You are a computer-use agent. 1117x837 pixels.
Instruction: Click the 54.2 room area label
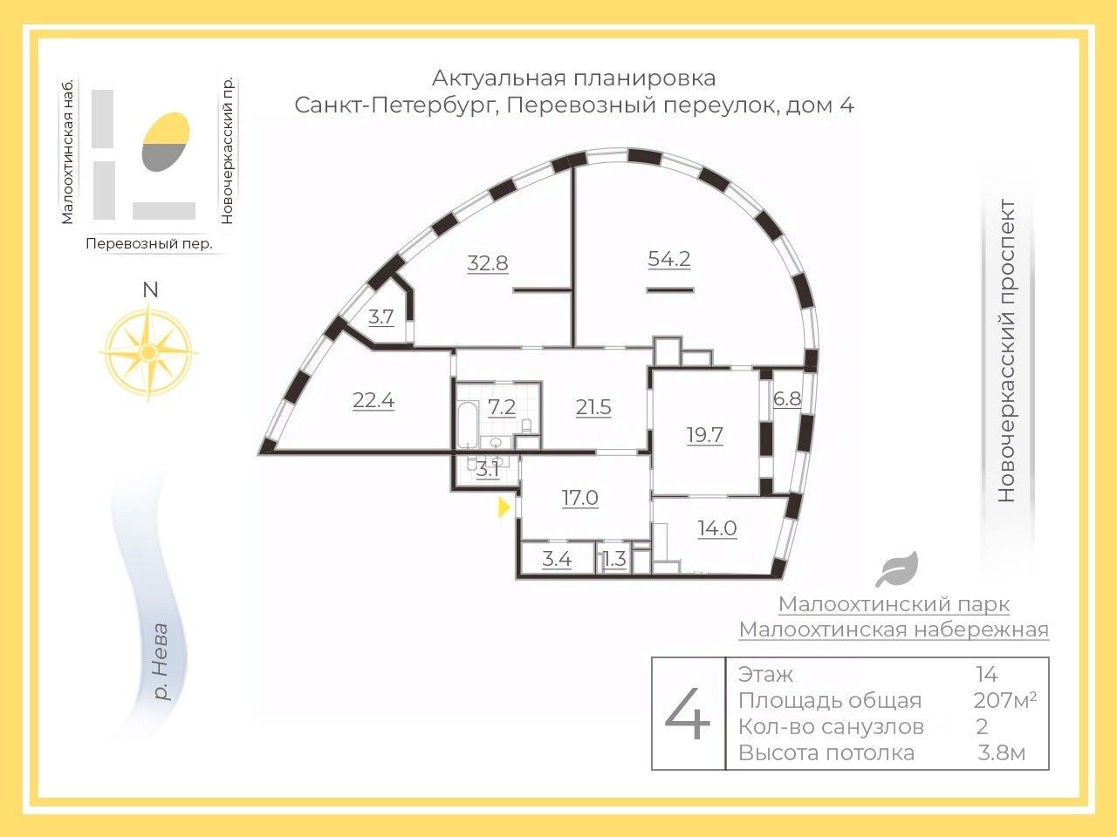[x=668, y=259]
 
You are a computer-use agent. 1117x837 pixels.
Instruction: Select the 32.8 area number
[x=488, y=263]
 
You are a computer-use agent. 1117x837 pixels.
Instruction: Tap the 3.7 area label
[x=381, y=317]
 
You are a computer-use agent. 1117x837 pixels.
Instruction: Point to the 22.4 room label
[x=373, y=401]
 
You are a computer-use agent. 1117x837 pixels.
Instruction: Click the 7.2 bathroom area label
[x=502, y=407]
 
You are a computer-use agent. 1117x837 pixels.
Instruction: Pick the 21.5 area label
[x=593, y=407]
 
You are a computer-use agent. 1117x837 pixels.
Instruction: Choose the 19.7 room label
[x=705, y=435]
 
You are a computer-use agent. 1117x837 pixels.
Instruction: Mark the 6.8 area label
[x=787, y=399]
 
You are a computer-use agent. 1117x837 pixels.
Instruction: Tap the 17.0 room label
[x=580, y=498]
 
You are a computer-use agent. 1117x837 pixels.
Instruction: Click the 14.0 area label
[x=717, y=528]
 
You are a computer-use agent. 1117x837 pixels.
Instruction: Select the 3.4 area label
[x=557, y=559]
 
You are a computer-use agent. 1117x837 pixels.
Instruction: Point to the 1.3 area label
[x=614, y=559]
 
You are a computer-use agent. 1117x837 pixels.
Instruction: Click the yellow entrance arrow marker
[x=504, y=507]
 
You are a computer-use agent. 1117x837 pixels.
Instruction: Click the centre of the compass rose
[x=148, y=352]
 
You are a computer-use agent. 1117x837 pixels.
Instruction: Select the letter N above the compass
[x=150, y=290]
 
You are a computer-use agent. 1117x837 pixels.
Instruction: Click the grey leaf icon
[x=896, y=568]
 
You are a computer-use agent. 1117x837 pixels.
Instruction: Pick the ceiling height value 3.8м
[x=1001, y=752]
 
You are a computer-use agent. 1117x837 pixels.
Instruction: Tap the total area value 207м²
[x=1004, y=700]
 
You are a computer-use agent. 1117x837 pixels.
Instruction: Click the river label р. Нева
[x=161, y=662]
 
